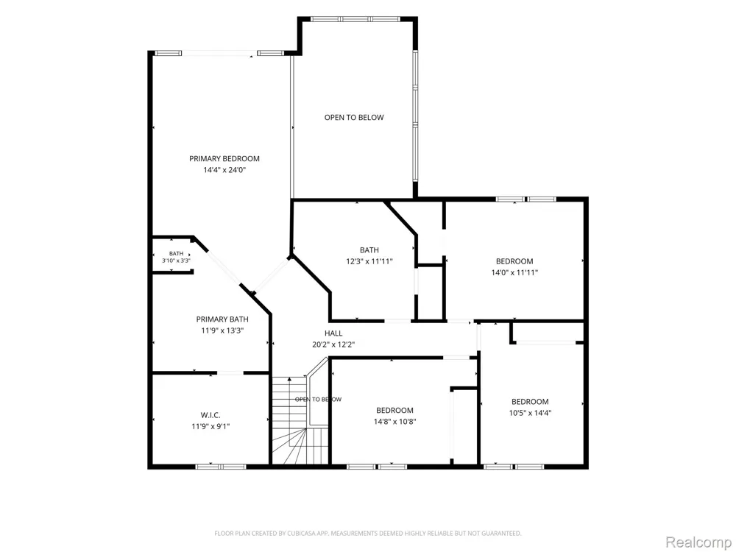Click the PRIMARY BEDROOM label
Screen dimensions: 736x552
(x=224, y=159)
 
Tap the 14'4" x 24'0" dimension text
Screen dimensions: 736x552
(x=224, y=170)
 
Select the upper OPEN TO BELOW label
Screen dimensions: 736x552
(x=354, y=117)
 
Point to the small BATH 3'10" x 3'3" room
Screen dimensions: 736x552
(x=173, y=255)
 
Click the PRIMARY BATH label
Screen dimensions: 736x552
(x=222, y=319)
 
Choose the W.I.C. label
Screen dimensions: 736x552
(x=210, y=415)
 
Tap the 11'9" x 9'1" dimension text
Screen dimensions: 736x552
(x=210, y=427)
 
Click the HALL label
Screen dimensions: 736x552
(x=333, y=333)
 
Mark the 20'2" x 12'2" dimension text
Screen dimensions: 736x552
(x=333, y=344)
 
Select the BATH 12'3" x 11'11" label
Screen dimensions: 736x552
(x=369, y=256)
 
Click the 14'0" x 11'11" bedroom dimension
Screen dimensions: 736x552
(x=514, y=273)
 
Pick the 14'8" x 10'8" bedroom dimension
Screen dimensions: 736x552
(x=394, y=422)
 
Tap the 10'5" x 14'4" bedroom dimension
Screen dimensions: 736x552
(x=530, y=413)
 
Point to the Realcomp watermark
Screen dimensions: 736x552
(x=698, y=542)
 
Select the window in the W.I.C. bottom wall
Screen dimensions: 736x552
(x=221, y=467)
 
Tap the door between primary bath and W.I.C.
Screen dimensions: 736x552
(x=230, y=373)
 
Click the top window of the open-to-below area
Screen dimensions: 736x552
(x=355, y=19)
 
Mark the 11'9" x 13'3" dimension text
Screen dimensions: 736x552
(x=222, y=330)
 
